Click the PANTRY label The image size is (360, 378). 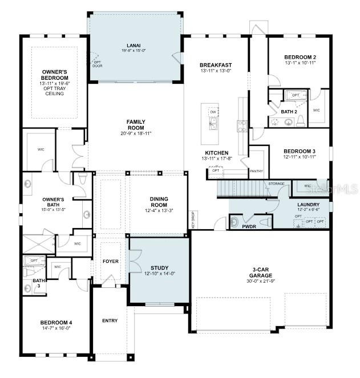[256, 170]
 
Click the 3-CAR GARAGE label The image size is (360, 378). [260, 272]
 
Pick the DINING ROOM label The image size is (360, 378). [159, 201]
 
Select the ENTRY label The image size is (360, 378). [110, 320]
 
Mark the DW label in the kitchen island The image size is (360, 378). [212, 112]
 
